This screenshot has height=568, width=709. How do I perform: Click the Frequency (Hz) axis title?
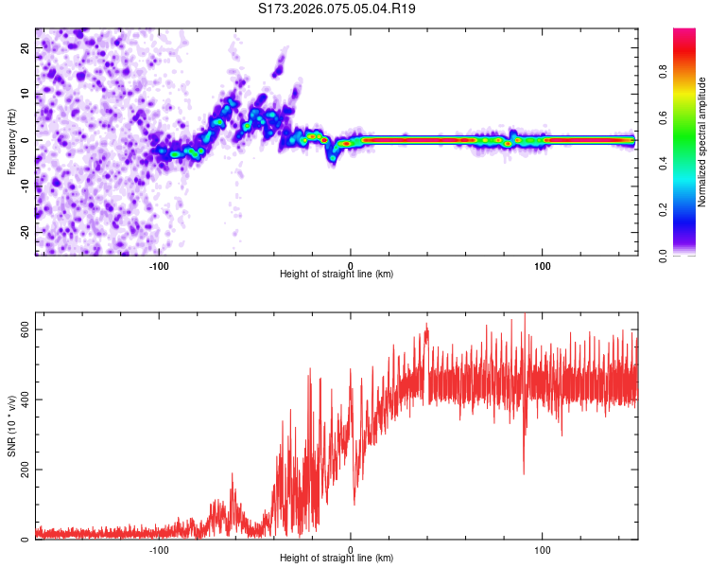(11, 142)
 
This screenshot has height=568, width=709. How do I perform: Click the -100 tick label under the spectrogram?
(159, 264)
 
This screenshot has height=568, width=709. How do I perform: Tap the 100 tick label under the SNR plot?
(544, 550)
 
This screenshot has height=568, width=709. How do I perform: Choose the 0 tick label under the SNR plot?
(351, 550)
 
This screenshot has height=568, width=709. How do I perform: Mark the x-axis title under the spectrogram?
(337, 275)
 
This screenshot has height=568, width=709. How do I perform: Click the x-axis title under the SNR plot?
(337, 560)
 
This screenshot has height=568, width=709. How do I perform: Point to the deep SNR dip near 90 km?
(524, 471)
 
